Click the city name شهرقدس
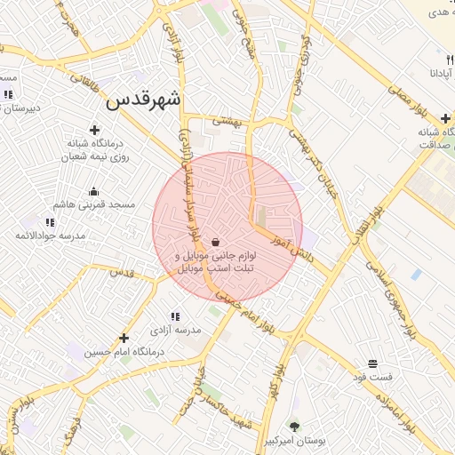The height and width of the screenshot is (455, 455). (143, 100)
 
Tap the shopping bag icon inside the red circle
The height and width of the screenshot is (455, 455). (216, 243)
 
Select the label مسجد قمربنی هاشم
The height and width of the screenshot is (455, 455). (94, 204)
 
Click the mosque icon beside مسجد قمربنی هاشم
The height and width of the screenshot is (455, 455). (94, 191)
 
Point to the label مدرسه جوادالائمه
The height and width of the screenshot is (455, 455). (50, 235)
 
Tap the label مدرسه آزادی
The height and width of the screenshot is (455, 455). (175, 330)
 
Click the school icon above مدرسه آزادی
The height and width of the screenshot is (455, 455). (175, 316)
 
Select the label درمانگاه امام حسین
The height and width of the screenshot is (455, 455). (125, 352)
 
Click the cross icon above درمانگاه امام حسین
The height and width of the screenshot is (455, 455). (124, 339)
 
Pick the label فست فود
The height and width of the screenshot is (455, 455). (372, 377)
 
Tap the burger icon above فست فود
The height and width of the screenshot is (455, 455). (372, 363)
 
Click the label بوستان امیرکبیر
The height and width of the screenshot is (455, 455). (296, 441)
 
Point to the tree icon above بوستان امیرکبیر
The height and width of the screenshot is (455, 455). (295, 427)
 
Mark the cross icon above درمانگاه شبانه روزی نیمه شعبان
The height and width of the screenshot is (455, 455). (94, 130)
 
